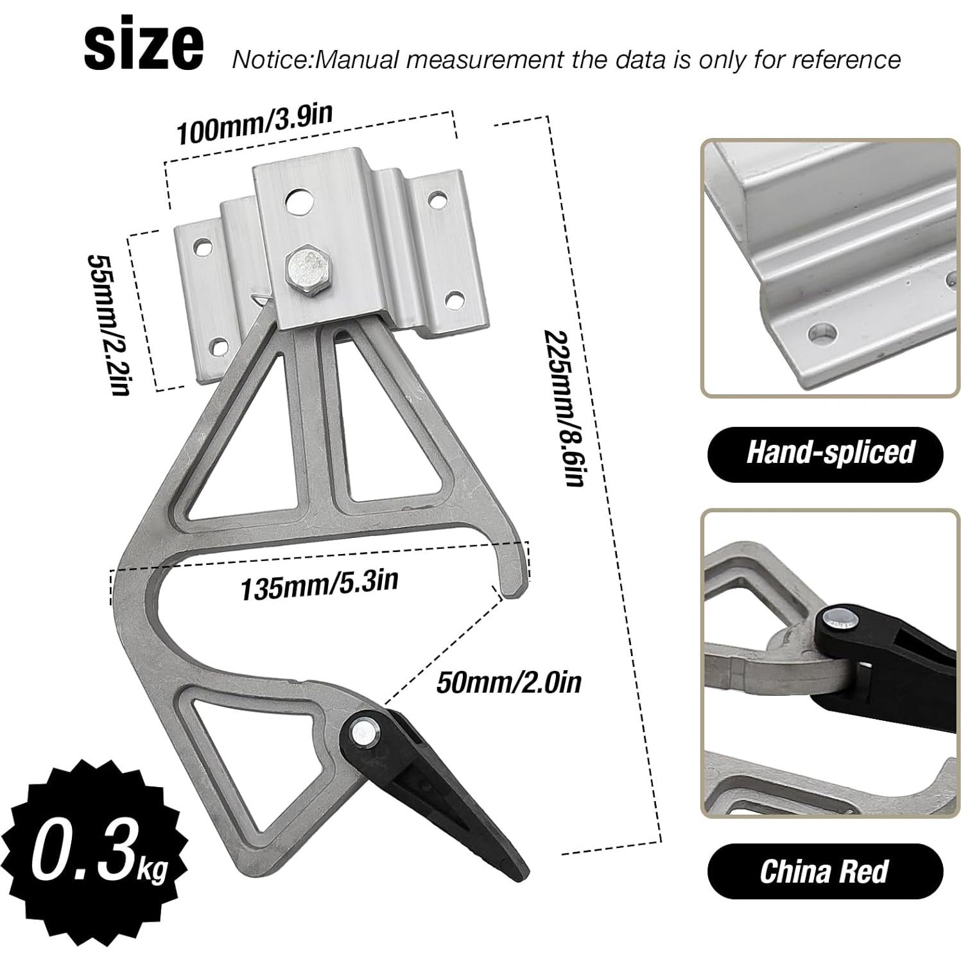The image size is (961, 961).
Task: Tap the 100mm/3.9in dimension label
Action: (254, 125)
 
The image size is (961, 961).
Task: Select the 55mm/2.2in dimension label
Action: (110, 324)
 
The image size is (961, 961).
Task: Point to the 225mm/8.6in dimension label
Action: (565, 408)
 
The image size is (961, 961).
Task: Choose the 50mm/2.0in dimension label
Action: (508, 682)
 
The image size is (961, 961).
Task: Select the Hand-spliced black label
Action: (826, 453)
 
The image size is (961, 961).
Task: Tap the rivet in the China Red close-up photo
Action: (842, 617)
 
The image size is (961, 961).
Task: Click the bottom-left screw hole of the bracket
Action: (220, 347)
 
